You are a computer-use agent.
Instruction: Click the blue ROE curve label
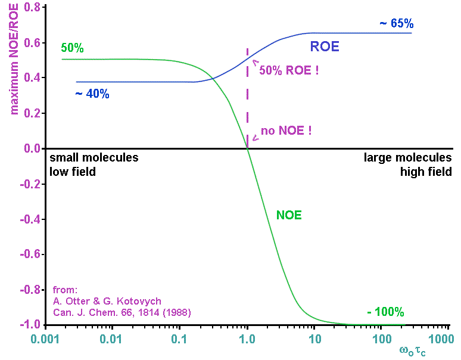click(325, 46)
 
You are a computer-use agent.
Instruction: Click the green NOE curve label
click(289, 215)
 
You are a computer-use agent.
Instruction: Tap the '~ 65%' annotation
click(396, 24)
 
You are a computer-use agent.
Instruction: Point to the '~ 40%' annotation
click(92, 94)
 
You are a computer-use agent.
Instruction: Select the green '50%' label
click(72, 48)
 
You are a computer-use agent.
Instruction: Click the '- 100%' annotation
click(385, 312)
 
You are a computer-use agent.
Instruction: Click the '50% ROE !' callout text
click(289, 70)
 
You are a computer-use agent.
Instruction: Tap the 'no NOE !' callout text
click(286, 131)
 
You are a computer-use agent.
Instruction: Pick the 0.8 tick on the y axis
click(32, 8)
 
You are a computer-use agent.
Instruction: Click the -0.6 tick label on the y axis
click(30, 255)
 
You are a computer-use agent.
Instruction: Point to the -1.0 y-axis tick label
click(30, 325)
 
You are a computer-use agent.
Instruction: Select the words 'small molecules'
click(94, 158)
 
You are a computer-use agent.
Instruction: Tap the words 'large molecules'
click(408, 158)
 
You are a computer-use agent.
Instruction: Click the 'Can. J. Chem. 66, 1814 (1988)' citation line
click(122, 312)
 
